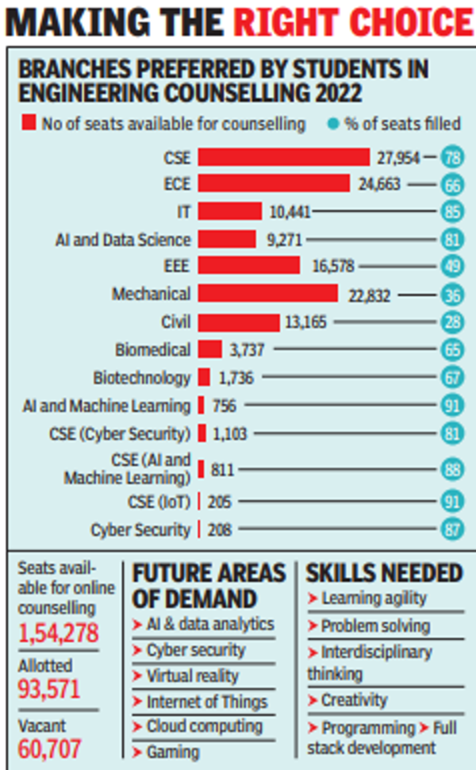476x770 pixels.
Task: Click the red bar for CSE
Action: tap(283, 156)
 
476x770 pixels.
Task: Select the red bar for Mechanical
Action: tap(268, 294)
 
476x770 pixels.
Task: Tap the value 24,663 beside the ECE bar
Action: tap(381, 184)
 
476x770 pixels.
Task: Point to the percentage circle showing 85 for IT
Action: tap(452, 212)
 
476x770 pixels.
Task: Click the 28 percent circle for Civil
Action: tap(452, 321)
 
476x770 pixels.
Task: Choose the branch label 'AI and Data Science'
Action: tap(123, 239)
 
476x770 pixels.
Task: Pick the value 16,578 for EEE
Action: tap(331, 266)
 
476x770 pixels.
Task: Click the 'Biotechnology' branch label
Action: tap(141, 378)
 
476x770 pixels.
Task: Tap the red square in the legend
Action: tap(30, 123)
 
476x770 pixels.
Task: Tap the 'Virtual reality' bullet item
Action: tap(192, 676)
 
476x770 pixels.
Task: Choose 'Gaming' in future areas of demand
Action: tap(172, 751)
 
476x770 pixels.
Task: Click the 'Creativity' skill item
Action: tap(354, 700)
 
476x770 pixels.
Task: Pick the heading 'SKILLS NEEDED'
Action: tap(384, 572)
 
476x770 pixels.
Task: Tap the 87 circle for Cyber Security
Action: tap(452, 529)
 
